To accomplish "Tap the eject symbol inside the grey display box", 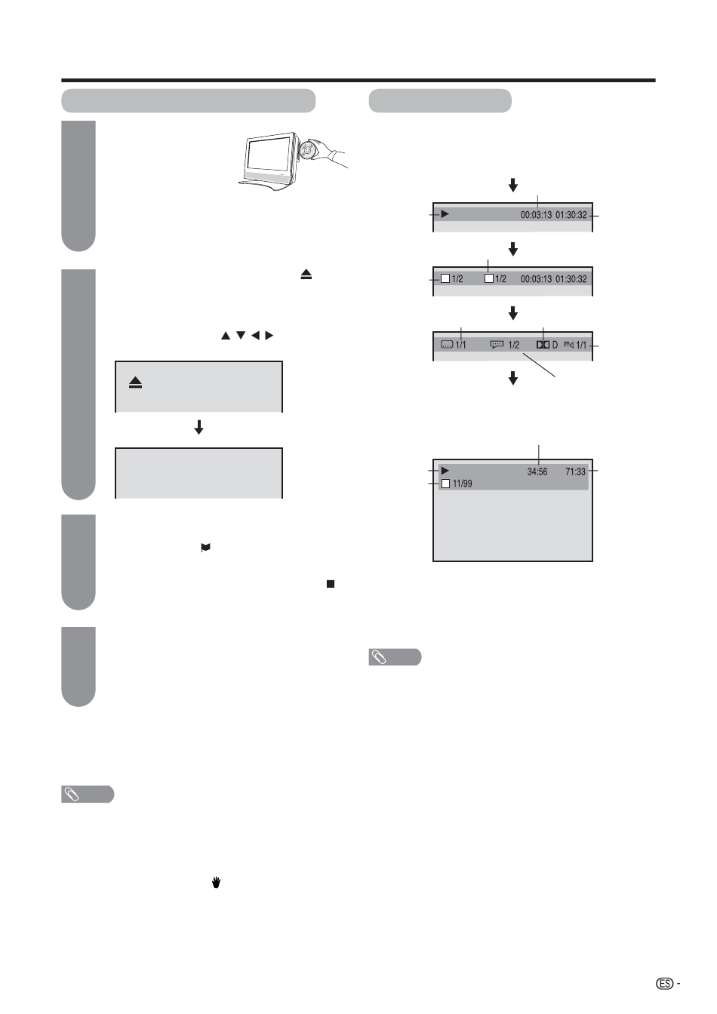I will tap(136, 383).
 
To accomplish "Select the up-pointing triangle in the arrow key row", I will tap(225, 335).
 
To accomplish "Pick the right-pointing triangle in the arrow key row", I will tap(269, 335).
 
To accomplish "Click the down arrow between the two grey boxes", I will tap(199, 428).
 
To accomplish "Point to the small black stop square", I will tap(331, 584).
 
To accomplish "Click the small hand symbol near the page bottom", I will tap(216, 882).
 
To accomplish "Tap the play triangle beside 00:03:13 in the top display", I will tap(445, 214).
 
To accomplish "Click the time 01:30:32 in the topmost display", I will tap(571, 215).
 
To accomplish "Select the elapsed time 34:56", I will tap(537, 472).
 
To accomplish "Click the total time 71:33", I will tap(575, 472).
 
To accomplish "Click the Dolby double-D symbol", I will tap(543, 345).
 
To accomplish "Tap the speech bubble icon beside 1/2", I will tap(497, 344).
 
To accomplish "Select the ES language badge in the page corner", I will tap(664, 984).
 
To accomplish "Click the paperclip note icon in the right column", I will tap(380, 658).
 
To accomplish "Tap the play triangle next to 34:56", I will tap(445, 471).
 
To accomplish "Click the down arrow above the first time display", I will tap(513, 185).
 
